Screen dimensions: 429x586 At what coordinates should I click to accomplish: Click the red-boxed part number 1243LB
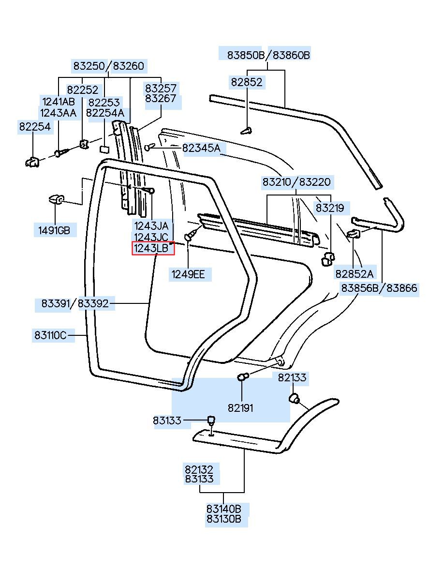click(x=151, y=248)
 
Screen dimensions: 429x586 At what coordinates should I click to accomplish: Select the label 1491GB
click(x=54, y=230)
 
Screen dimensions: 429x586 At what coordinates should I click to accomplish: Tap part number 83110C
click(x=50, y=335)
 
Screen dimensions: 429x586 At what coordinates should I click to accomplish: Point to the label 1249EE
click(x=188, y=274)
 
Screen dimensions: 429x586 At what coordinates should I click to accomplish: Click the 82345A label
click(x=201, y=148)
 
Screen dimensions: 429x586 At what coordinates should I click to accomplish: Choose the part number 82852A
click(x=355, y=274)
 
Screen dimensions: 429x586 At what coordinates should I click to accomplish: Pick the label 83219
click(x=330, y=208)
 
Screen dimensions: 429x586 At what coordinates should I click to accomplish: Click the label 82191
click(x=240, y=408)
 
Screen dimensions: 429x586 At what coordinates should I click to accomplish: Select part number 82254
click(x=35, y=127)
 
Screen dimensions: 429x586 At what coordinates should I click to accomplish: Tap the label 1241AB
click(x=59, y=102)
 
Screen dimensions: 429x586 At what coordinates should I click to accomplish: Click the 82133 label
click(x=292, y=377)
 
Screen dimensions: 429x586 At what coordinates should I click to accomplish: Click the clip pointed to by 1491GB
click(x=56, y=199)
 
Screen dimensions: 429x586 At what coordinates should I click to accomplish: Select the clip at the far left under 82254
click(x=32, y=162)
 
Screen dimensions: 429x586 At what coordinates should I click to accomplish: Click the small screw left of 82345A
click(x=149, y=147)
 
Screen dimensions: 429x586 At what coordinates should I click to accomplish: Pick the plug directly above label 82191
click(x=243, y=377)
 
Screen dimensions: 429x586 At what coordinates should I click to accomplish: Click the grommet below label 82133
click(x=294, y=398)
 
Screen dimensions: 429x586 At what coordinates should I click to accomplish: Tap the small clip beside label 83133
click(x=211, y=420)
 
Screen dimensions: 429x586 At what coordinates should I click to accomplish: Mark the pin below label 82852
click(x=247, y=130)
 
